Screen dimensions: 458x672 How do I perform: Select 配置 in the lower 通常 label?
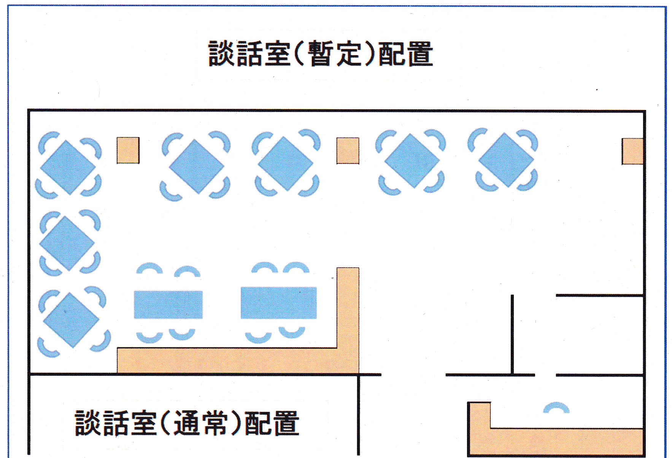pos(272,423)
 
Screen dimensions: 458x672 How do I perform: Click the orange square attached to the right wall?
pos(632,152)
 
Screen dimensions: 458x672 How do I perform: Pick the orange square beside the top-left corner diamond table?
pos(128,150)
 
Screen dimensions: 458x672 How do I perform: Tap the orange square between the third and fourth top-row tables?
pos(348,151)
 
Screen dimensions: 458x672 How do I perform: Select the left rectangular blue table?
pos(168,305)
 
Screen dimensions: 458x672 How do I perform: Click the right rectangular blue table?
pos(278,303)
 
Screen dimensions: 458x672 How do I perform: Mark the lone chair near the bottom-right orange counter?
pos(556,408)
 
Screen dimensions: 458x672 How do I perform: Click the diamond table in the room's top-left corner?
pos(68,167)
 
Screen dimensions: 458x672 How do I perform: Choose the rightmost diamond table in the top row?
pos(506,160)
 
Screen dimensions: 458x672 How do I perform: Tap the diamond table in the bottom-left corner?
pos(71,320)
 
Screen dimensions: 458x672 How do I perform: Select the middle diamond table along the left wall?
pos(67,243)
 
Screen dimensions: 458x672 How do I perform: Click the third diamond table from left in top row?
pos(285,163)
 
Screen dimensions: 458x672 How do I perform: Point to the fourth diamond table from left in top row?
pos(411,161)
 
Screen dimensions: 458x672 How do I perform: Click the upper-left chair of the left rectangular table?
pos(149,268)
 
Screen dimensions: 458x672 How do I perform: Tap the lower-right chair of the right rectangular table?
pos(292,332)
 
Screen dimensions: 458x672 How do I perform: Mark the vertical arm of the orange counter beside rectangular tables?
pos(348,308)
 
